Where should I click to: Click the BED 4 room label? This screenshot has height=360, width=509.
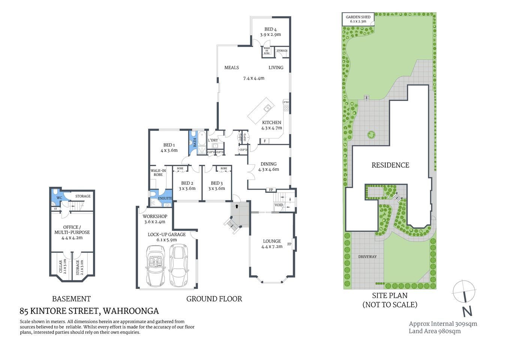click(x=270, y=29)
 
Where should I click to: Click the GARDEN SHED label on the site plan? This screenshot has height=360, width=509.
click(x=358, y=17)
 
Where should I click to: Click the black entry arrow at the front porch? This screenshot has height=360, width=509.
click(x=237, y=206)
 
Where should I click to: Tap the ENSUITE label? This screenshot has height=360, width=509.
click(x=165, y=198)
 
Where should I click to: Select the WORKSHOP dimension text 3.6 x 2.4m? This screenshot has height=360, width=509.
click(x=154, y=222)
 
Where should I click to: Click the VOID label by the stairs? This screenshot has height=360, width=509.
click(x=279, y=205)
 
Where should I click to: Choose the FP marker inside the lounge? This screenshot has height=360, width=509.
click(x=289, y=244)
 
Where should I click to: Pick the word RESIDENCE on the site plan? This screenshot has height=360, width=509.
click(x=390, y=165)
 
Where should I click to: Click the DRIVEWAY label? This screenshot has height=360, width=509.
click(x=367, y=257)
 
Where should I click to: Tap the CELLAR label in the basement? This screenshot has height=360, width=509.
click(x=61, y=267)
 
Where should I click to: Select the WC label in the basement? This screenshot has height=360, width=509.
click(x=59, y=198)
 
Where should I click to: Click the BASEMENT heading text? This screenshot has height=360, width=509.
click(x=71, y=299)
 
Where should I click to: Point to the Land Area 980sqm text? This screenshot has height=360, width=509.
click(x=434, y=331)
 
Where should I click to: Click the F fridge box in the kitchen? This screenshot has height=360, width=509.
click(x=265, y=141)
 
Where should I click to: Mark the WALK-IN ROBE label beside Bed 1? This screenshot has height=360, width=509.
click(x=158, y=172)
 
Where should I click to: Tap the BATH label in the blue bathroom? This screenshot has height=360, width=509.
click(x=195, y=142)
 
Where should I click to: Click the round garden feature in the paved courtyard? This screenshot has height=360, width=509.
click(x=371, y=135)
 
